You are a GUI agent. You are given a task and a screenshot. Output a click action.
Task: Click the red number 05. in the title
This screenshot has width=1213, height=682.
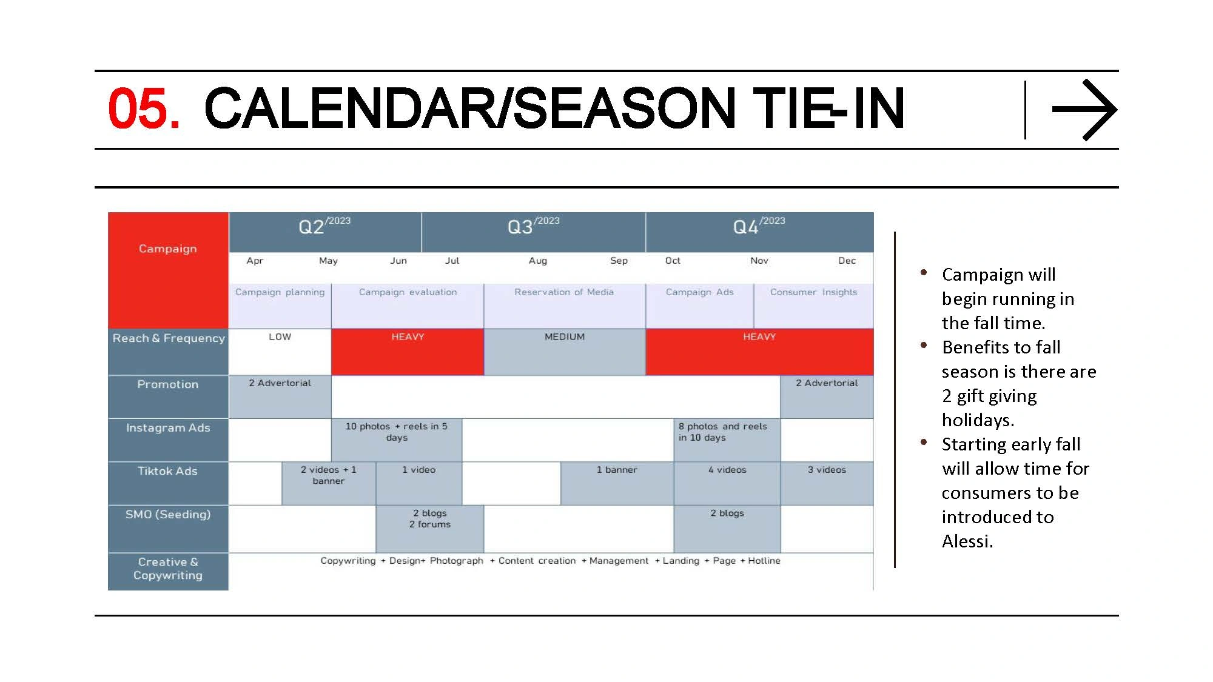[144, 109]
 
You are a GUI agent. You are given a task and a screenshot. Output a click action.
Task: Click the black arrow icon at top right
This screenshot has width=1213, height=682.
[1084, 110]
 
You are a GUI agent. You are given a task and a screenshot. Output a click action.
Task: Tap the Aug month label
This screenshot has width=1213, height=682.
[538, 261]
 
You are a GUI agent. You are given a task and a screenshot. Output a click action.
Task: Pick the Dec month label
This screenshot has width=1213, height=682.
[847, 261]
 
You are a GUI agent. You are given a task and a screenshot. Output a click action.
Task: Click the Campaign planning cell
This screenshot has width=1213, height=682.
[280, 306]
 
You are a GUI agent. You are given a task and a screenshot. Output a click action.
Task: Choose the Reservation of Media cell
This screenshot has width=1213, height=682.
[565, 306]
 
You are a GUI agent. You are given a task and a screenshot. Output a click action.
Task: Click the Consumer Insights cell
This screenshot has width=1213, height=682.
[814, 306]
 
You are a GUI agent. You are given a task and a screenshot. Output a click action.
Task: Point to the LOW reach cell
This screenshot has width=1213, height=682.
[280, 352]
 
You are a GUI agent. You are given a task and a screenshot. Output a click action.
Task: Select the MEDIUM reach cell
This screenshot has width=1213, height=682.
[565, 352]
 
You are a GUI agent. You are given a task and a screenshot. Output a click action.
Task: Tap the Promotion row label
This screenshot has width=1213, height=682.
[168, 384]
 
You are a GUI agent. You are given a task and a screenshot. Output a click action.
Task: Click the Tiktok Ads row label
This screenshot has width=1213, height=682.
[168, 471]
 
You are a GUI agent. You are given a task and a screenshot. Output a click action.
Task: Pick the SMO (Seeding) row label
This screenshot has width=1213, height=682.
[168, 515]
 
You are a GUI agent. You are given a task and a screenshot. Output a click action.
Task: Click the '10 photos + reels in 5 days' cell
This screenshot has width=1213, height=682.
[397, 440]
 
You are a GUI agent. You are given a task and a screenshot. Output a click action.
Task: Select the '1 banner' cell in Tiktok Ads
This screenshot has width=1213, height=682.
[617, 483]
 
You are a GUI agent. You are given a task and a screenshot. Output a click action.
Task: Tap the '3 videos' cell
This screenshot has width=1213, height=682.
[827, 483]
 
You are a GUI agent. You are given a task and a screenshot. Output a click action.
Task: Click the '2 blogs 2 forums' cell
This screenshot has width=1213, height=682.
[430, 529]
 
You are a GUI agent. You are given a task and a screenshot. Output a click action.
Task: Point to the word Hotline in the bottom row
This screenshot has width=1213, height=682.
[764, 561]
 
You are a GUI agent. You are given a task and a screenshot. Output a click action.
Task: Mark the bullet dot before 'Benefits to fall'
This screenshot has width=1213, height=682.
[924, 346]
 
